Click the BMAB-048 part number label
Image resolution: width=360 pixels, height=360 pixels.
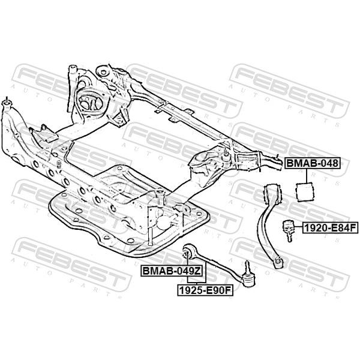tap(312, 163)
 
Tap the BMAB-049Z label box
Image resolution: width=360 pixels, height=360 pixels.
tap(172, 271)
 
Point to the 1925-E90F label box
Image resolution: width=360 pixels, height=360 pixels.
tap(205, 290)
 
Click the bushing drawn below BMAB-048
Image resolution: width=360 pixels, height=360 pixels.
tap(305, 192)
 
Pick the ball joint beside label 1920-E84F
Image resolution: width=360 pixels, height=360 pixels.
tap(288, 230)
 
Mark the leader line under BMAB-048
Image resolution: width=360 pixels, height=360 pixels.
tap(307, 176)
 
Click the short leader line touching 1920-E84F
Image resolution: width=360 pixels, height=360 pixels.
tap(298, 227)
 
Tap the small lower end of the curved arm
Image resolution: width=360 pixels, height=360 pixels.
tap(278, 262)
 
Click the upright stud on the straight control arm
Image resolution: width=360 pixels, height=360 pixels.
tap(247, 266)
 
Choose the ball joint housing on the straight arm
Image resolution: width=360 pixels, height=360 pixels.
tap(248, 279)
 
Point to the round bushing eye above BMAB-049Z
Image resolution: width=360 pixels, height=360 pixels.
tap(188, 251)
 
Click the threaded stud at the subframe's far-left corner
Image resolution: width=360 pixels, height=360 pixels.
tap(7, 100)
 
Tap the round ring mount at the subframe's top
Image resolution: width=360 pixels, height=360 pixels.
tap(103, 71)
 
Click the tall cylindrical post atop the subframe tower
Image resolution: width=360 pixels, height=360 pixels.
tap(73, 71)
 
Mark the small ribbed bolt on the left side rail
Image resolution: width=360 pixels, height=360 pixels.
tap(59, 164)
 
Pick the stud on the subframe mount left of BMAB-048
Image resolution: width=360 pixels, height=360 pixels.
tap(226, 153)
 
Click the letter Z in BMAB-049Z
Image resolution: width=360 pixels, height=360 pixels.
tap(197, 271)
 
